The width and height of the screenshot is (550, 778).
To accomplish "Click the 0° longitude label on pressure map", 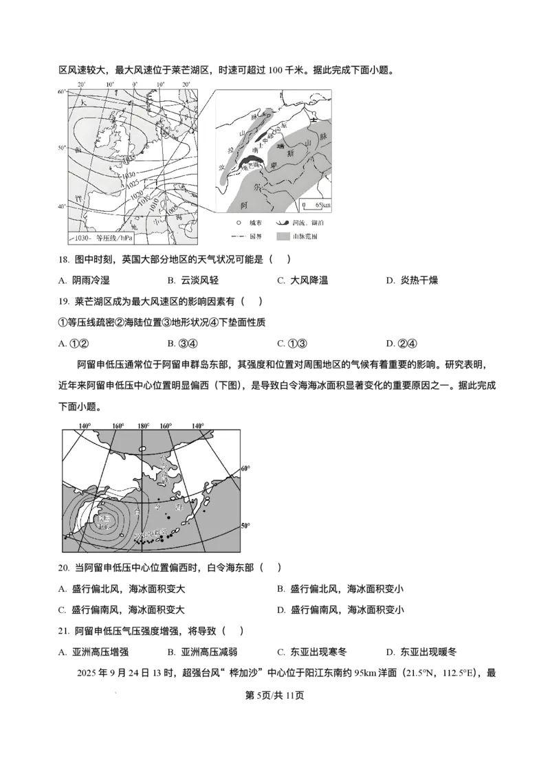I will pos(134,84).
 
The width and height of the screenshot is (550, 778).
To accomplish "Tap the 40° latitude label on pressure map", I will pos(61,207).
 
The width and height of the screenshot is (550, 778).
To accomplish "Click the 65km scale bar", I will pos(317,205).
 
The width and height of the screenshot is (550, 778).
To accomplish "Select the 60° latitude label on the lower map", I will pos(245,469).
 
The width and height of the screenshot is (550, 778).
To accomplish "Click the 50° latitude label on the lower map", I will pos(245,526).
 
